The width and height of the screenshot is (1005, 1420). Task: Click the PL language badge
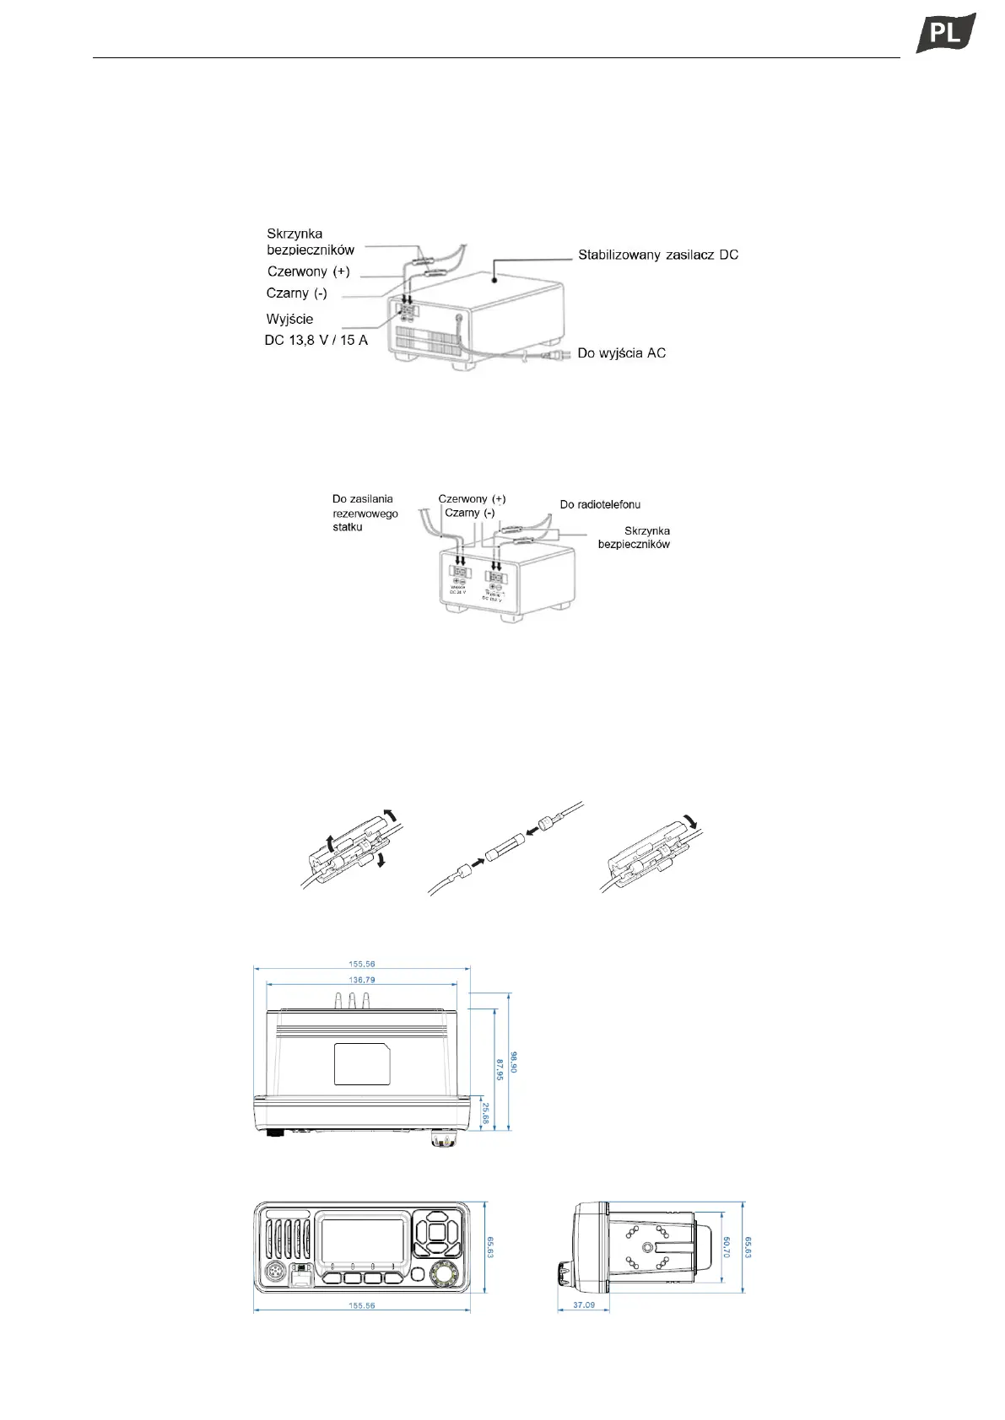(x=946, y=33)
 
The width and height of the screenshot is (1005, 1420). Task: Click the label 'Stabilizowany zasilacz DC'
(x=658, y=255)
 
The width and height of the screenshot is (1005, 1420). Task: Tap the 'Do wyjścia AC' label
(x=621, y=352)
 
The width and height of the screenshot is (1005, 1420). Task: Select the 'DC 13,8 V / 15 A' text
(x=316, y=341)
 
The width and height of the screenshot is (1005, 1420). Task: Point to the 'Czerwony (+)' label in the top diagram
(x=308, y=272)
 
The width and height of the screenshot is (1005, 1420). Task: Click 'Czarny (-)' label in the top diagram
(x=296, y=293)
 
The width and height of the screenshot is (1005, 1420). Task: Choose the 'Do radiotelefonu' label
(x=600, y=504)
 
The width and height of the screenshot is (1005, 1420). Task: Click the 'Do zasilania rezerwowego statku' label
(x=365, y=513)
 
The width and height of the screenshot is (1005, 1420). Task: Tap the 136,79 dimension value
(x=362, y=980)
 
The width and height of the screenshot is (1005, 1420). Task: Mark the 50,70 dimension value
(x=726, y=1247)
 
